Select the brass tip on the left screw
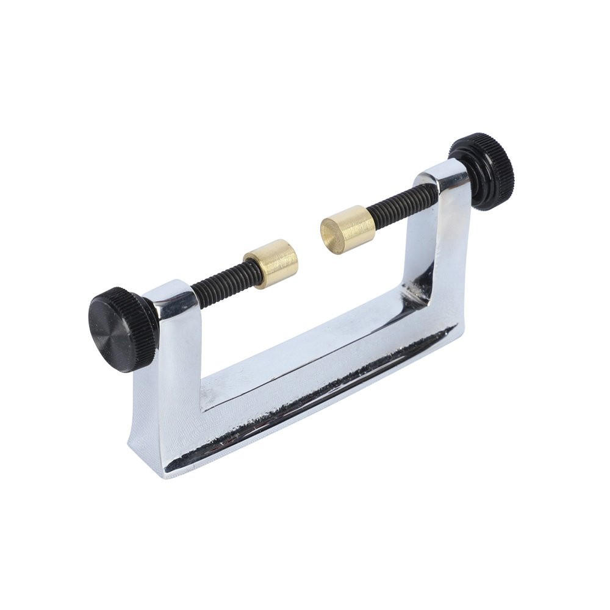271,263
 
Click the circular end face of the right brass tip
332,234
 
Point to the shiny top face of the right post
442,175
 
